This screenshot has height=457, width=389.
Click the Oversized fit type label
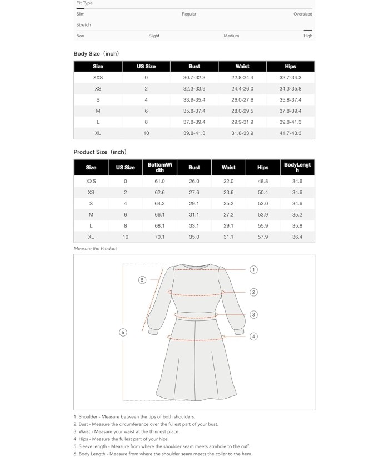pyautogui.click(x=303, y=14)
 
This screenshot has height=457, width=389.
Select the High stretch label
pyautogui.click(x=308, y=36)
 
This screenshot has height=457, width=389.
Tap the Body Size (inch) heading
pyautogui.click(x=96, y=54)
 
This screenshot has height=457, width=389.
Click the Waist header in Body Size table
pyautogui.click(x=242, y=67)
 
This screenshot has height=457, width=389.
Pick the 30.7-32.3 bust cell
pyautogui.click(x=194, y=78)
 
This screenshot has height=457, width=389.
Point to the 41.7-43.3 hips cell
pyautogui.click(x=290, y=133)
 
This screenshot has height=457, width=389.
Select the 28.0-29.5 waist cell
pyautogui.click(x=242, y=111)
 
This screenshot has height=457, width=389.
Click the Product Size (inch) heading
pyautogui.click(x=100, y=152)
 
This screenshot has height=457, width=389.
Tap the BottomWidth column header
pyautogui.click(x=160, y=167)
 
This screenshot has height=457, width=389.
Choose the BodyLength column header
pyautogui.click(x=298, y=167)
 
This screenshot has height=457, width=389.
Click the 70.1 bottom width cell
pyautogui.click(x=160, y=237)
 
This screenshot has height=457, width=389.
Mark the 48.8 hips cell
pyautogui.click(x=263, y=182)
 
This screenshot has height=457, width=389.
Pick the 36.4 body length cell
pyautogui.click(x=298, y=237)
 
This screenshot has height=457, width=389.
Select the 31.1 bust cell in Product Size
pyautogui.click(x=194, y=215)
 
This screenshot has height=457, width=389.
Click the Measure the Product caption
pyautogui.click(x=96, y=249)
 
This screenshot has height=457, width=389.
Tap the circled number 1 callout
pyautogui.click(x=253, y=270)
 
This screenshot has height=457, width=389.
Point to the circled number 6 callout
pyautogui.click(x=123, y=333)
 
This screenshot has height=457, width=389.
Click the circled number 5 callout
pyautogui.click(x=142, y=280)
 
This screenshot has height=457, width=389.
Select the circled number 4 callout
pyautogui.click(x=253, y=336)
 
